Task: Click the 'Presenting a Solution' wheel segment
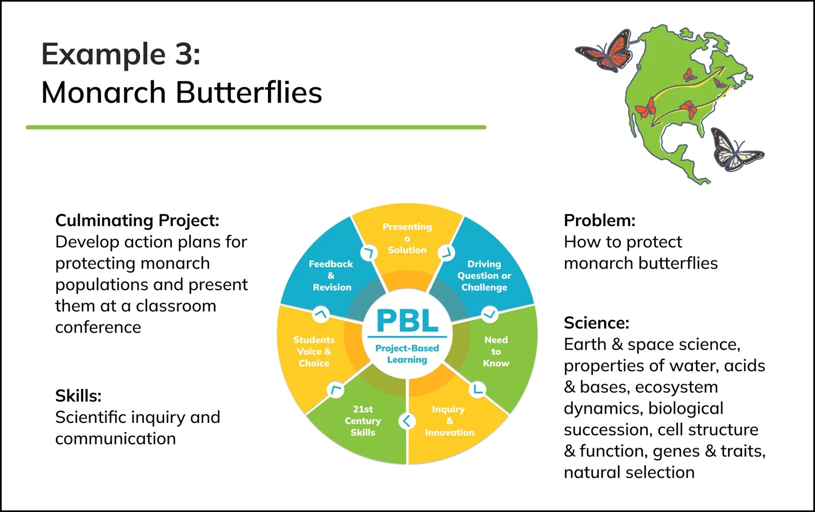407,239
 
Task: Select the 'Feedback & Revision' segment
331,276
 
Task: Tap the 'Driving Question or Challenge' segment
484,276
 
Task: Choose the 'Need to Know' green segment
496,352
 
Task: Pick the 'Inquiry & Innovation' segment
449,421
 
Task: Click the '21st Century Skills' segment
363,421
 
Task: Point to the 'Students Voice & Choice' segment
314,352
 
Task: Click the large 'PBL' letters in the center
407,321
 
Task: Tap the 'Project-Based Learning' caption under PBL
407,354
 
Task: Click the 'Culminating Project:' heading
137,221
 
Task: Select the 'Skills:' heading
78,396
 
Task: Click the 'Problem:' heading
599,221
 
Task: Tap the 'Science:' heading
596,323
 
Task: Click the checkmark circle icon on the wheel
490,314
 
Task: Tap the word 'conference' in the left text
98,328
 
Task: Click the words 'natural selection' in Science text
629,473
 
